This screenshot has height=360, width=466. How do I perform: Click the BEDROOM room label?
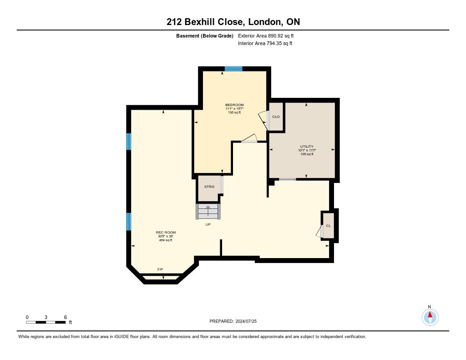point(234,105)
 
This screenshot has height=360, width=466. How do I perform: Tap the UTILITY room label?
point(307,147)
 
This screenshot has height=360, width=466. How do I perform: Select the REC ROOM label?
point(166,233)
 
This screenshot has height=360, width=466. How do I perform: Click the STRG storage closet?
point(209,187)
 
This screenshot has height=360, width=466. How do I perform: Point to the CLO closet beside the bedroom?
point(276,117)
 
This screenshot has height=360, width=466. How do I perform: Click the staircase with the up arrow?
point(209,211)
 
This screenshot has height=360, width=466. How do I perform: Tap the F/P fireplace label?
point(160,270)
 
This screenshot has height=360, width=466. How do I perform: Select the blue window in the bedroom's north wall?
point(233,69)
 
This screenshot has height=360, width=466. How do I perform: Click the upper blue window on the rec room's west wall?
point(129,142)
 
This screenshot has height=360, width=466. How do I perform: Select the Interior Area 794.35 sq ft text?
point(265,44)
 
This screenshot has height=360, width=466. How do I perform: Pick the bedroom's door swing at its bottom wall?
point(250,139)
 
